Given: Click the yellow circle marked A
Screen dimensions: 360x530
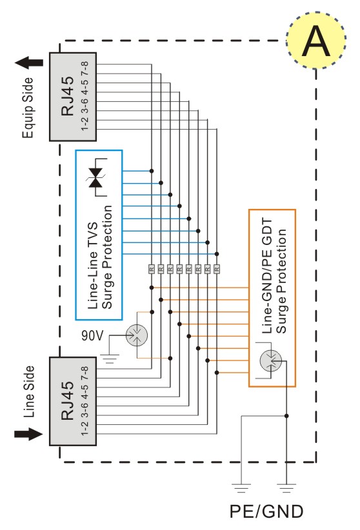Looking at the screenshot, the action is click(x=315, y=40).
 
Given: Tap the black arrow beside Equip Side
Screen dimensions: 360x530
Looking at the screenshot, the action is click(x=29, y=63).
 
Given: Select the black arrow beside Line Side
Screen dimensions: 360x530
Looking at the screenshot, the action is click(x=28, y=434).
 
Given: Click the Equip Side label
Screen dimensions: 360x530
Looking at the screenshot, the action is click(x=28, y=108).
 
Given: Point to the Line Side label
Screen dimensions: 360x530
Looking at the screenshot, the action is click(x=29, y=391).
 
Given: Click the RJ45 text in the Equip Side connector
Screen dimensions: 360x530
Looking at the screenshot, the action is click(x=68, y=96).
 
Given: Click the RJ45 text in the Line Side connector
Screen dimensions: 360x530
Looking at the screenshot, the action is click(x=68, y=400).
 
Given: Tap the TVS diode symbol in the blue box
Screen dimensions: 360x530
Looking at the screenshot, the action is click(x=97, y=177).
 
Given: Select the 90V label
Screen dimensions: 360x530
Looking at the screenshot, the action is click(x=92, y=336).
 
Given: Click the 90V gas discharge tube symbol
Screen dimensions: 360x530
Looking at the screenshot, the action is click(x=137, y=335).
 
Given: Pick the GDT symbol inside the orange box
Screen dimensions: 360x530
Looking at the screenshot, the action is click(x=271, y=360).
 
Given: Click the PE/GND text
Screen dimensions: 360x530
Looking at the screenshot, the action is click(x=266, y=511).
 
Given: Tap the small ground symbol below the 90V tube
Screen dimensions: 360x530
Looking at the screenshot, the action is click(x=110, y=358).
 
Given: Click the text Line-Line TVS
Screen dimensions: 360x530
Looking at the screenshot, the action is click(x=92, y=266).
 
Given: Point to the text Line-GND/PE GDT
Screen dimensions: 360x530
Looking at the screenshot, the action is click(x=267, y=276).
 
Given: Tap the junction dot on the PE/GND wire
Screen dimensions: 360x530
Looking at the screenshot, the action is click(x=286, y=416).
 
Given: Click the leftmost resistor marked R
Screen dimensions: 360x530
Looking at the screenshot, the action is click(x=152, y=269).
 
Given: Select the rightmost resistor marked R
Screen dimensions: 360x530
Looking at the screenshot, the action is click(x=217, y=269).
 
